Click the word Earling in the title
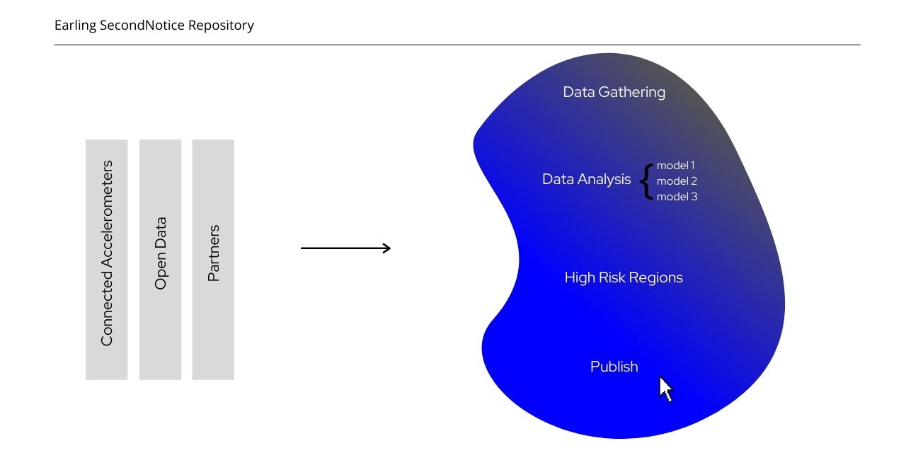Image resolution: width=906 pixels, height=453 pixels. click(x=75, y=25)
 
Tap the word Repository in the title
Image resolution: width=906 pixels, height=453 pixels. click(x=221, y=25)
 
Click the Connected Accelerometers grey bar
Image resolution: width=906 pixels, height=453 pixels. click(x=106, y=259)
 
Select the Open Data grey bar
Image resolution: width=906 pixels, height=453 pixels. click(x=160, y=259)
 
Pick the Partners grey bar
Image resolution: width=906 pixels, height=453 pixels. click(x=213, y=259)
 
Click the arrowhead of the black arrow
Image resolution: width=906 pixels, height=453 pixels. click(x=386, y=248)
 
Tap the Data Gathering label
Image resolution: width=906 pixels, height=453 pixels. click(x=614, y=92)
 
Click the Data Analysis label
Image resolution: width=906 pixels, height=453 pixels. click(x=586, y=179)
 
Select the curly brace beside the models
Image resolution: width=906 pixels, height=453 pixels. click(x=645, y=181)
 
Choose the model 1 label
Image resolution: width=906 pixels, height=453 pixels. click(x=676, y=166)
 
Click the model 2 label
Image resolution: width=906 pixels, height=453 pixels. click(x=677, y=181)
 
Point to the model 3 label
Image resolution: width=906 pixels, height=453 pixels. click(x=677, y=197)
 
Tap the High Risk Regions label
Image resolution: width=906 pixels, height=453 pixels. click(x=624, y=277)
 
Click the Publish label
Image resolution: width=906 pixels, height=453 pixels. click(x=614, y=367)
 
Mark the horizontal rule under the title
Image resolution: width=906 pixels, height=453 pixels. click(x=457, y=45)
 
